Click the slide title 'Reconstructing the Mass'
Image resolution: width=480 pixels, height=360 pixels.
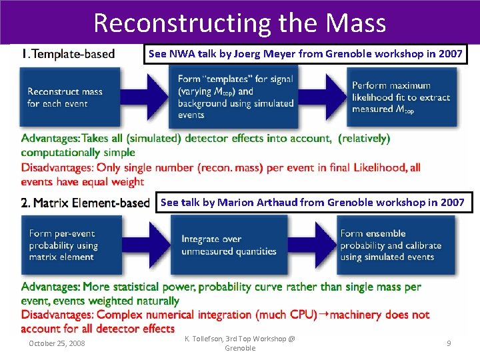coord(239,23)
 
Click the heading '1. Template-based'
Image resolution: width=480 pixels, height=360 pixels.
coord(68,54)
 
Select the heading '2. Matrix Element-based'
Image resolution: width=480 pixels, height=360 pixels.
coord(85,203)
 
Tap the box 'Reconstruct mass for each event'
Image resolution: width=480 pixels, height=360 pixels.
coord(67,97)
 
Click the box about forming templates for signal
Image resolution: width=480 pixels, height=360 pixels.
coord(236,97)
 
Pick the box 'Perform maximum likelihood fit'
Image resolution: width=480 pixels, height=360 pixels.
coord(401,97)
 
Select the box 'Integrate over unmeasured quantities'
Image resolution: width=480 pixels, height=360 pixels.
coord(229,245)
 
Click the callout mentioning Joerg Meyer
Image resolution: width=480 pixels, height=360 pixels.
coord(305,54)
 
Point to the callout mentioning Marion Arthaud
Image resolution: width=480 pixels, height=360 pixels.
coord(313,202)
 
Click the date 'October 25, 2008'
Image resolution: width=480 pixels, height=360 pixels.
coord(57,343)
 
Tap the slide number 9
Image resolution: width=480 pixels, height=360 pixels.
coord(449,343)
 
